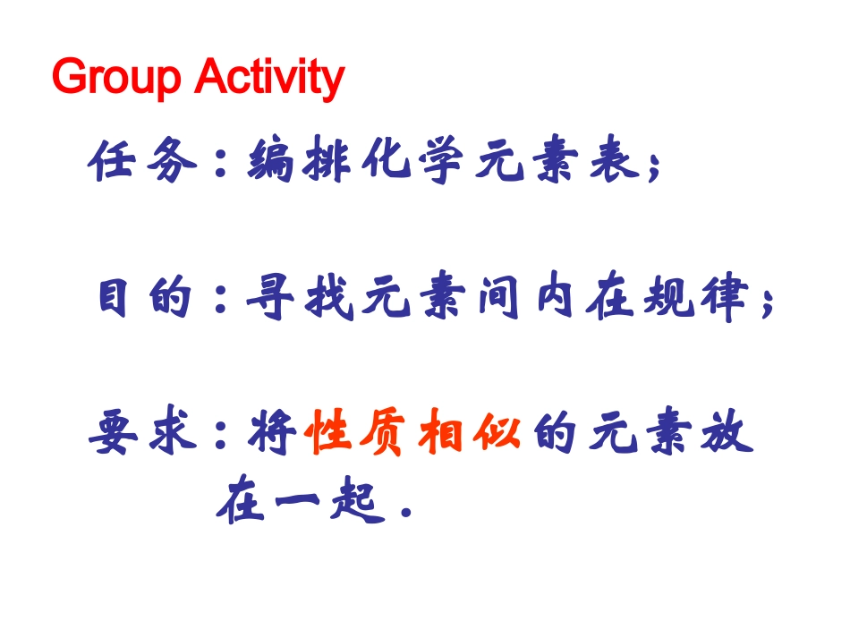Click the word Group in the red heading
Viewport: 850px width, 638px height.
pyautogui.click(x=116, y=79)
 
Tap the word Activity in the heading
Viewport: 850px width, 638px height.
pyautogui.click(x=268, y=79)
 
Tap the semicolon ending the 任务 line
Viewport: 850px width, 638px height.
pyautogui.click(x=656, y=167)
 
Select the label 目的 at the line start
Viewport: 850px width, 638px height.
pyautogui.click(x=146, y=298)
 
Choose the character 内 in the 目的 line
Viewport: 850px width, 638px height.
pyautogui.click(x=555, y=298)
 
